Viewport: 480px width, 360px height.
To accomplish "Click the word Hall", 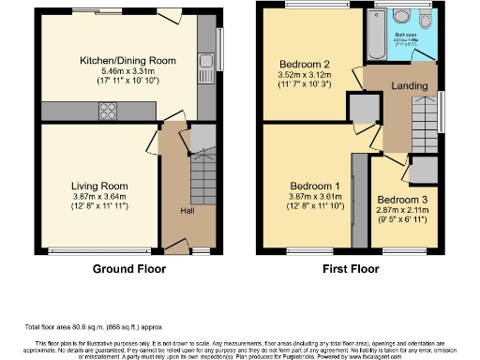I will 187,211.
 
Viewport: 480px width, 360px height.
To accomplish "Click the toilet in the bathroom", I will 425,23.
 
